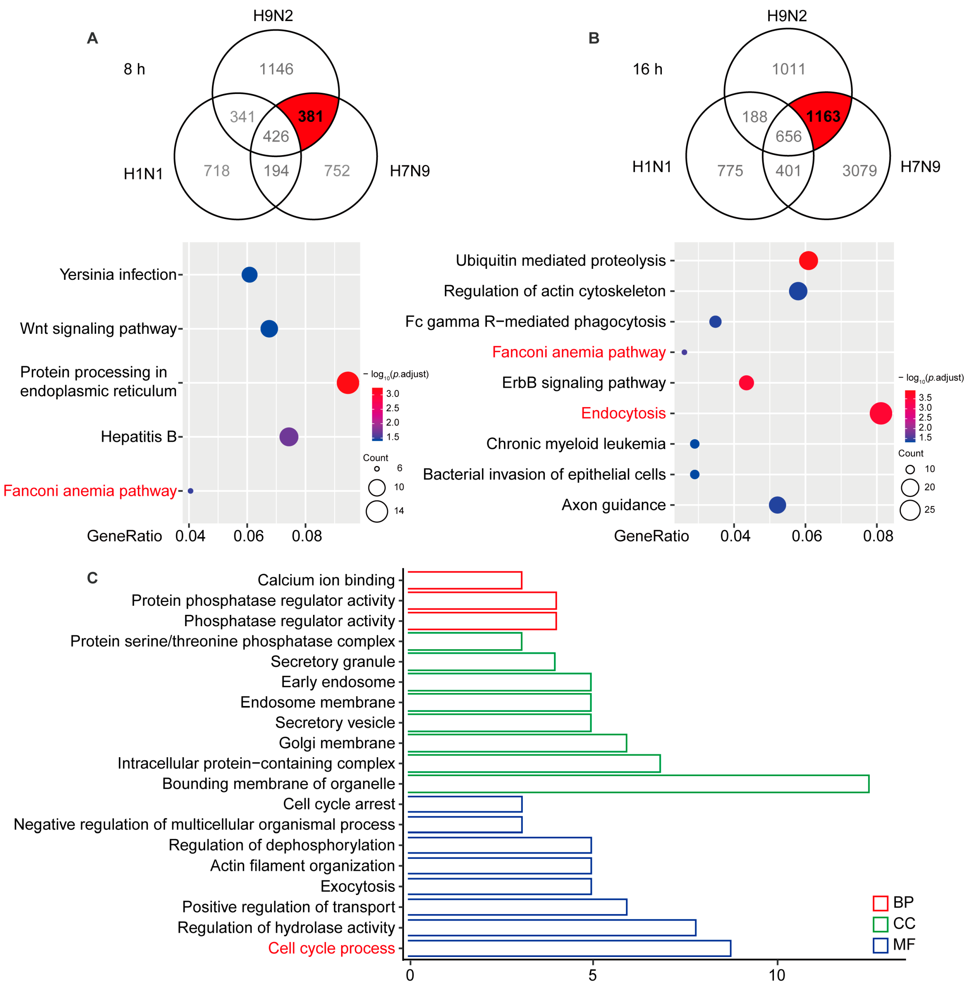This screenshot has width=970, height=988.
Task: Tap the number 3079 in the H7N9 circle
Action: [860, 171]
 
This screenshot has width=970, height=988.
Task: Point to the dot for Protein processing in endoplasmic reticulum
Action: [348, 382]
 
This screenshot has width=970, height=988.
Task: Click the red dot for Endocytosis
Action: [880, 413]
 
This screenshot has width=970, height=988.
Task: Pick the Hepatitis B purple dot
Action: [289, 436]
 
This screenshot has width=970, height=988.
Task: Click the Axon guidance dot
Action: [777, 505]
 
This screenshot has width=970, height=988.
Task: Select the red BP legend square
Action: [880, 903]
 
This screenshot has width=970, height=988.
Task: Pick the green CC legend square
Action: [880, 924]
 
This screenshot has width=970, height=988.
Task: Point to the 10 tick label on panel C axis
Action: [777, 975]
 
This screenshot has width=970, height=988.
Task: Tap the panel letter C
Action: [92, 578]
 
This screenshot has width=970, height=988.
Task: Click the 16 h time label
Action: [648, 69]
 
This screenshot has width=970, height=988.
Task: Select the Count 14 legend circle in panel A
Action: [377, 511]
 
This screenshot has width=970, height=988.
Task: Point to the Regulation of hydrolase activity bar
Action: [551, 928]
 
